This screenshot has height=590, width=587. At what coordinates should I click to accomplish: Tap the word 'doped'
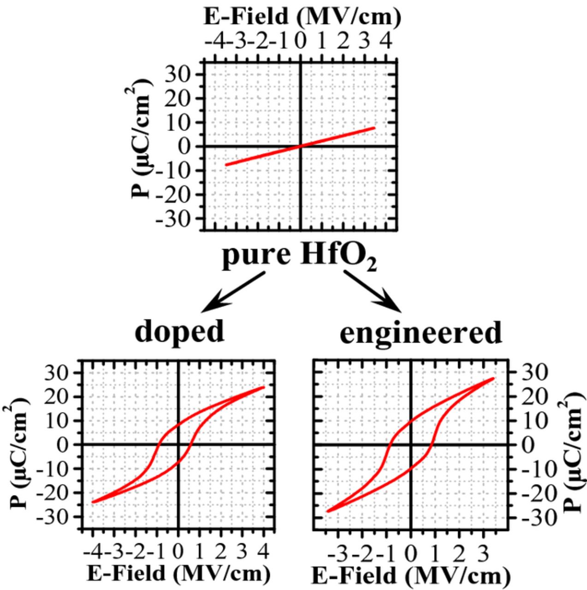[179, 331]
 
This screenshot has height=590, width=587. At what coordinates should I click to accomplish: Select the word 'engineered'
[420, 333]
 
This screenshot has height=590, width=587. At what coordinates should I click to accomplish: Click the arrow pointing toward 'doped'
[233, 291]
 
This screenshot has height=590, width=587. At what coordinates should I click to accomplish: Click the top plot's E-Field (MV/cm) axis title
[302, 18]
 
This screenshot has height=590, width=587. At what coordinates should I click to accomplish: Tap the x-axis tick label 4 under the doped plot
[264, 550]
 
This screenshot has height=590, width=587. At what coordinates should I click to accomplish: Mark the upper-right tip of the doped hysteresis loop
[264, 387]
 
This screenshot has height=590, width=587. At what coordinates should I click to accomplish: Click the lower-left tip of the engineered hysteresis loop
[328, 511]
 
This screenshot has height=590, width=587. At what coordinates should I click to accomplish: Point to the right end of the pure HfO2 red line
[374, 128]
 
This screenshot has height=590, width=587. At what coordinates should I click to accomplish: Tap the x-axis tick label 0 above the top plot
[300, 42]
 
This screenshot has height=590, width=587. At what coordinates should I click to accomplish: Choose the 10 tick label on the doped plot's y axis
[63, 421]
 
